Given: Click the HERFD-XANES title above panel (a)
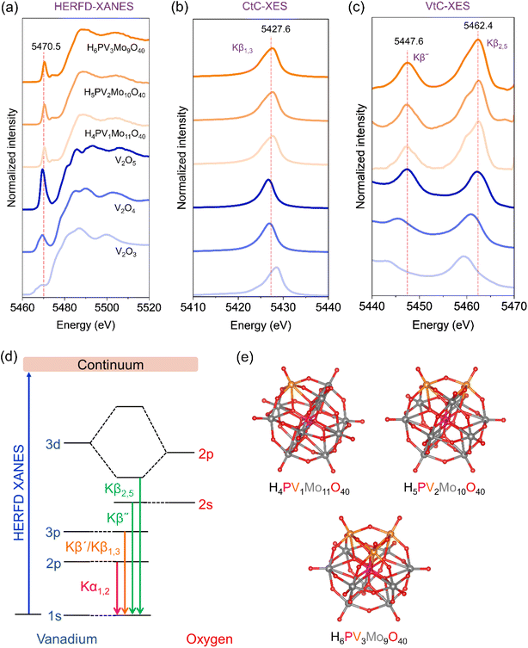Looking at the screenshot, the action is (x=94, y=7).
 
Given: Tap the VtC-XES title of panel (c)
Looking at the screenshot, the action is (x=448, y=7).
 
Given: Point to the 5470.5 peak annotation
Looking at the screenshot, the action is (x=46, y=46).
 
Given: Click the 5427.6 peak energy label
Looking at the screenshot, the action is (x=275, y=29).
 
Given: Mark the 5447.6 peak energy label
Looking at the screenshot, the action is (x=408, y=41).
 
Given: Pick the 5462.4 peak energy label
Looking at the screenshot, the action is (x=478, y=26).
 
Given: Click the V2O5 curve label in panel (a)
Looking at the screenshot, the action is (x=125, y=162).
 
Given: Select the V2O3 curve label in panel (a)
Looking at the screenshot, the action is (x=125, y=251).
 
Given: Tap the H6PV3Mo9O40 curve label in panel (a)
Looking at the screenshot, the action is (x=115, y=49).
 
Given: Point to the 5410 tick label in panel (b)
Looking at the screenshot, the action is (x=193, y=307).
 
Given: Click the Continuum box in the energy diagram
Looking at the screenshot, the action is (x=110, y=364).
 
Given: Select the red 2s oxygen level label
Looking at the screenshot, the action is (x=206, y=504).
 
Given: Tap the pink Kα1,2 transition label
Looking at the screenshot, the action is (x=95, y=587).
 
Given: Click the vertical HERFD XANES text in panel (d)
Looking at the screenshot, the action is (x=19, y=492).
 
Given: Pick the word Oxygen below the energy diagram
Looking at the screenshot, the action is (x=209, y=639).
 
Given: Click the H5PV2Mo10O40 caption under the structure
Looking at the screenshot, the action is (x=445, y=489).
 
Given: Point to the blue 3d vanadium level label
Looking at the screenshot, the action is (x=52, y=444).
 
